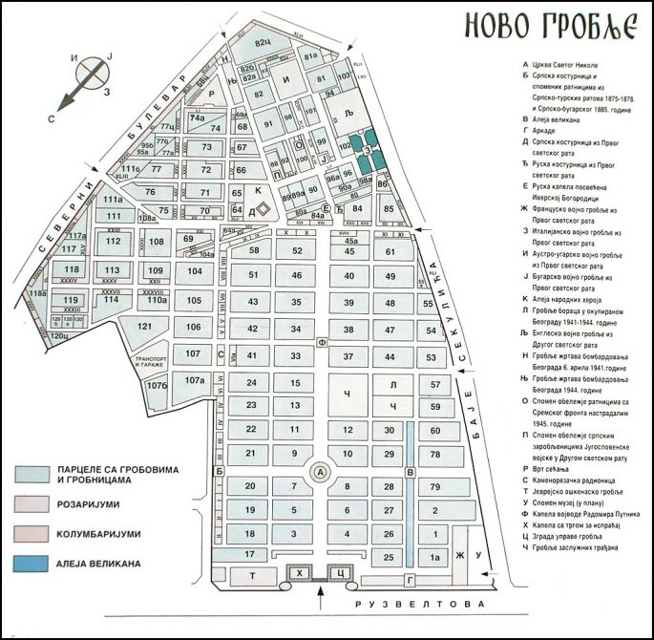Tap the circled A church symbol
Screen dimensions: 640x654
(321, 472)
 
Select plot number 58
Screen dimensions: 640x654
(254, 250)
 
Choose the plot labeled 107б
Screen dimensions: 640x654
(157, 386)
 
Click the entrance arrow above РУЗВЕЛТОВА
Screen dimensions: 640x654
(320, 599)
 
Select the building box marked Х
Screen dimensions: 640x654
(301, 572)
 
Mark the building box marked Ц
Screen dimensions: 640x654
(340, 572)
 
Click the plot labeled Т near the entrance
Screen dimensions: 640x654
(252, 575)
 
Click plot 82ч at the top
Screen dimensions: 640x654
(264, 44)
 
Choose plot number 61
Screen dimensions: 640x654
(390, 251)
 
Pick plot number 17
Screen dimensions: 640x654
(250, 554)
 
